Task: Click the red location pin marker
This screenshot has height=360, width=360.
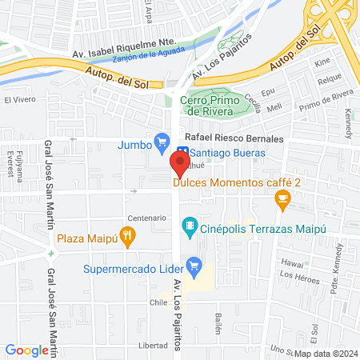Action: click(180, 164)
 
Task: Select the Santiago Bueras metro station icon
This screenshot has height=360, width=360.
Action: click(182, 152)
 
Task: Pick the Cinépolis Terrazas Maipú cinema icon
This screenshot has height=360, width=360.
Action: click(190, 226)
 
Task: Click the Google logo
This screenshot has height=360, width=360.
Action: click(27, 350)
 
